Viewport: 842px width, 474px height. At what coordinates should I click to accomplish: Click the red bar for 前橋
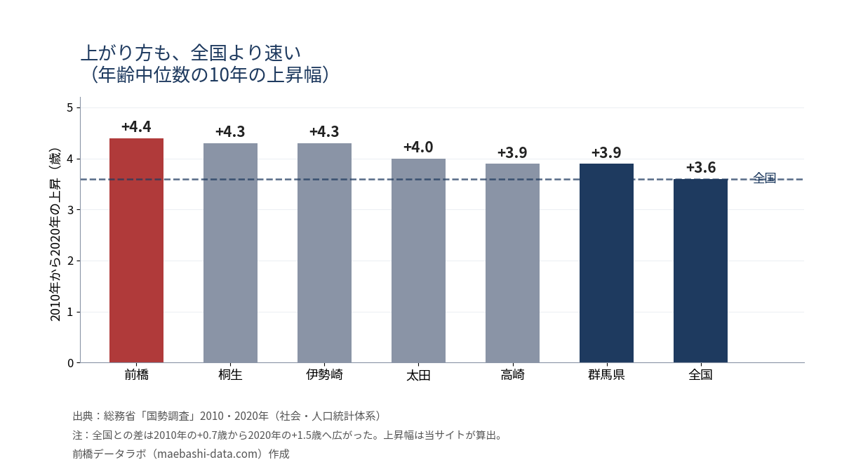tap(136, 251)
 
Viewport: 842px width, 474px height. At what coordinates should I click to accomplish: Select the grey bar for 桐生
tap(230, 253)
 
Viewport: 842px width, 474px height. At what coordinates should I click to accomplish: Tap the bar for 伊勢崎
tap(324, 253)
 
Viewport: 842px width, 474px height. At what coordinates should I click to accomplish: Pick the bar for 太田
tap(418, 261)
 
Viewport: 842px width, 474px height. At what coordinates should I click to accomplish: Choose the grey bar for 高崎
tap(512, 263)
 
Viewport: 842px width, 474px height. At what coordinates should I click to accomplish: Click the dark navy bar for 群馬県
tap(606, 263)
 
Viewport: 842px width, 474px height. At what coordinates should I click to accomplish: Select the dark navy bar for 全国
tap(700, 271)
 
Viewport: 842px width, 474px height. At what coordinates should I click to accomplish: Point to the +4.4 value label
tap(136, 127)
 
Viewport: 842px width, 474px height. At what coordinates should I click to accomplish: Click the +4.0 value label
tap(418, 147)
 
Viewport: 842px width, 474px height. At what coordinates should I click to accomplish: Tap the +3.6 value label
tap(701, 167)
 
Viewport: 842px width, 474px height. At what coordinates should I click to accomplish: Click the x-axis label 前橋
tap(136, 375)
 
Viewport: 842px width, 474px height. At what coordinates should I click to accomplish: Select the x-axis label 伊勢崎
tap(324, 375)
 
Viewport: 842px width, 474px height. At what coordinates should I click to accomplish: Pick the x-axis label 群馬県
tap(606, 375)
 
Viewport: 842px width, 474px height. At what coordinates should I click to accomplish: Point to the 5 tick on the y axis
tap(70, 108)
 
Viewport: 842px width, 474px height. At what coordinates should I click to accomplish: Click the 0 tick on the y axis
tap(70, 363)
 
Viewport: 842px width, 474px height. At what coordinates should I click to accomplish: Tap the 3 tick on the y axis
tap(70, 210)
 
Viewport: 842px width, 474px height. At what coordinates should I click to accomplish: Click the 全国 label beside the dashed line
tap(765, 178)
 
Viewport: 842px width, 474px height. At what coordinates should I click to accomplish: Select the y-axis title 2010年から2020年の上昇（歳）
tap(55, 235)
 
